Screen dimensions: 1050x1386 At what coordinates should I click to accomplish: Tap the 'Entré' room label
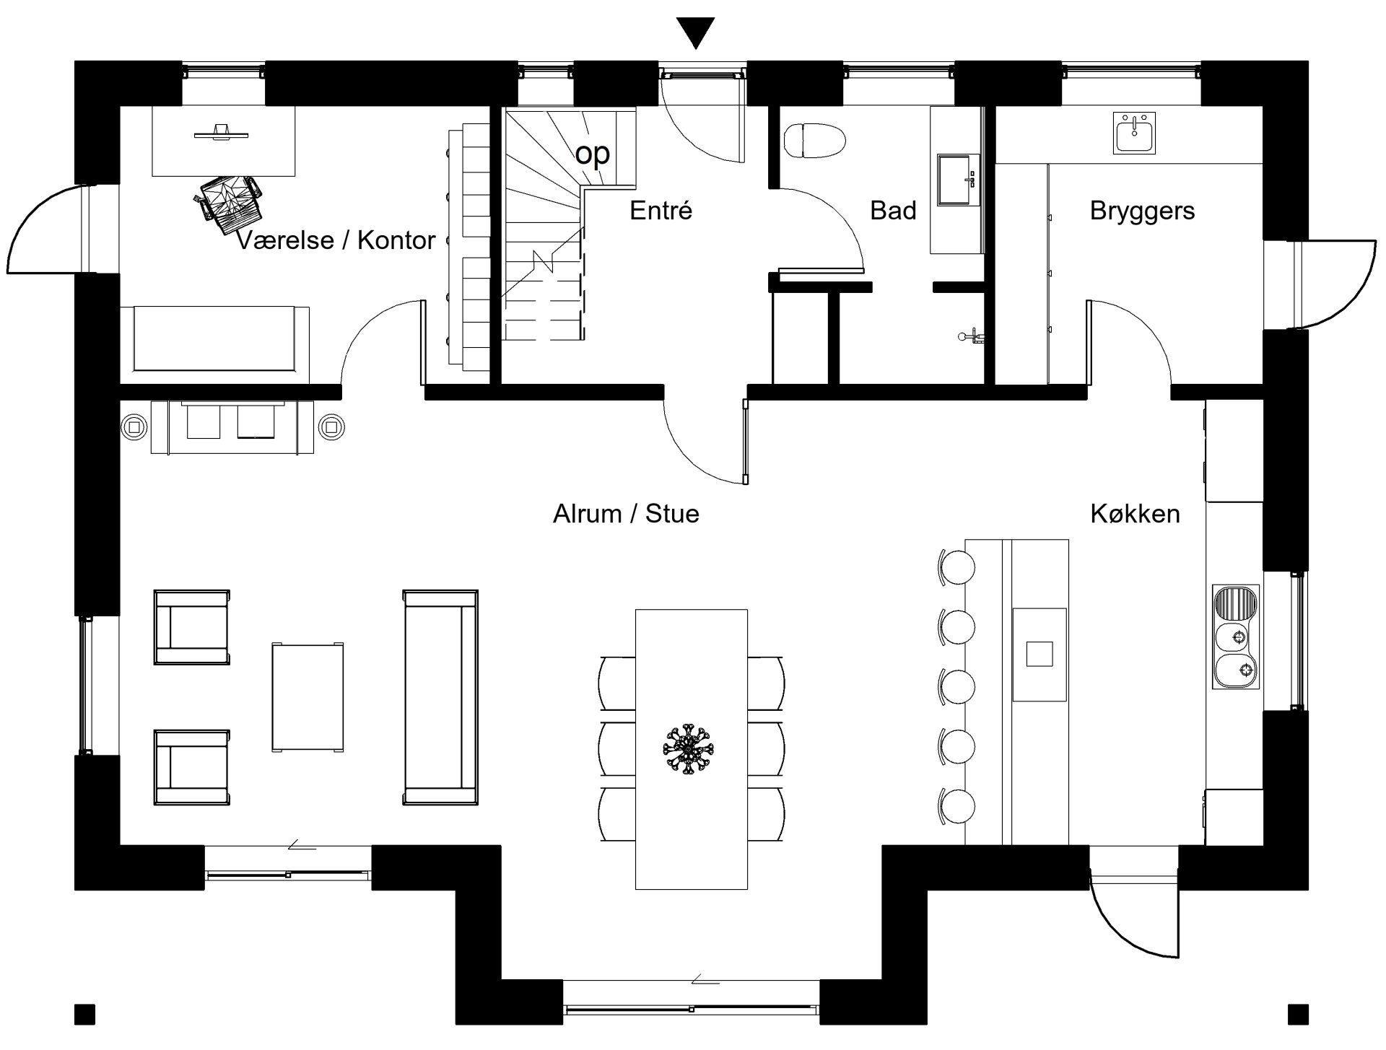pyautogui.click(x=661, y=211)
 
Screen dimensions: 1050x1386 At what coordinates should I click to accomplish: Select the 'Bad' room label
pyautogui.click(x=893, y=211)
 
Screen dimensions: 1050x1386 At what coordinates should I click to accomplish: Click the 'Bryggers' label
pyautogui.click(x=1142, y=211)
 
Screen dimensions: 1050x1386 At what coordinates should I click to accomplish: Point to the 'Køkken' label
pyautogui.click(x=1135, y=514)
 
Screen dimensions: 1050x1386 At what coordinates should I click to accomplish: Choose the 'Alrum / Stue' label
pyautogui.click(x=626, y=514)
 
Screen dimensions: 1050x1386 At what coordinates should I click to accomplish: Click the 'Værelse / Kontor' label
pyautogui.click(x=336, y=240)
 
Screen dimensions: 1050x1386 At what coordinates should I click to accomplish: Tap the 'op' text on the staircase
pyautogui.click(x=593, y=153)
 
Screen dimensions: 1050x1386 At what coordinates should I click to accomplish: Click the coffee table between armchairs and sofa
pyautogui.click(x=308, y=697)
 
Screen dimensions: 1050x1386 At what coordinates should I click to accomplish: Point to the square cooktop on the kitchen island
pyautogui.click(x=1039, y=654)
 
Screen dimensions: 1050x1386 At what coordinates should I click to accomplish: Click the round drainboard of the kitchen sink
pyautogui.click(x=1236, y=600)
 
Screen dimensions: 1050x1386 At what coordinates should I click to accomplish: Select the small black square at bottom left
pyautogui.click(x=85, y=1014)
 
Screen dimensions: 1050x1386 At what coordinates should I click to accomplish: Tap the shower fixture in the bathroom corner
pyautogui.click(x=971, y=336)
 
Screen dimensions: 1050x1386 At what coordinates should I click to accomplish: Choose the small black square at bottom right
pyautogui.click(x=1298, y=1014)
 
